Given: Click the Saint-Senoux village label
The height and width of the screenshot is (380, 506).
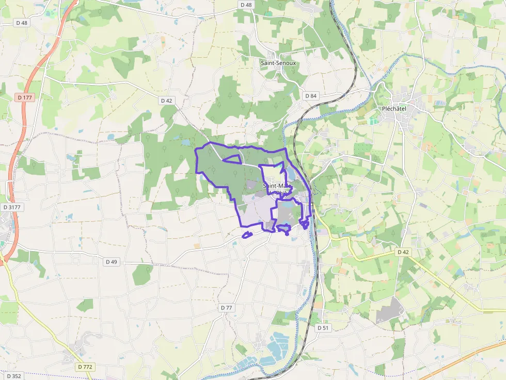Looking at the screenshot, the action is pyautogui.click(x=278, y=62).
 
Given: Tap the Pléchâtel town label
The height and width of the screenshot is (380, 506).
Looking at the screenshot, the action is pyautogui.click(x=398, y=109).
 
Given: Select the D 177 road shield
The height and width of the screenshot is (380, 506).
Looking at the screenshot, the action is pyautogui.click(x=24, y=97).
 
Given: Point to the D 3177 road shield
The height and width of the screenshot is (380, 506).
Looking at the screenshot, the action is pyautogui.click(x=12, y=207).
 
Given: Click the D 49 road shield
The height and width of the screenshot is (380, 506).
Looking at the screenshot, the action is pyautogui.click(x=112, y=262).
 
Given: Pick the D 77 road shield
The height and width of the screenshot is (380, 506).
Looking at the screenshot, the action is pyautogui.click(x=227, y=308).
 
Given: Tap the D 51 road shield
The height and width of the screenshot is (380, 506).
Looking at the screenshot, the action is pyautogui.click(x=323, y=327).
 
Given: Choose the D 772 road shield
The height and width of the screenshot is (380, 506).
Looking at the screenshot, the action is pyautogui.click(x=85, y=367).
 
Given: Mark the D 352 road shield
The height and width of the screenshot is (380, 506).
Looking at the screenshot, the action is pyautogui.click(x=14, y=376).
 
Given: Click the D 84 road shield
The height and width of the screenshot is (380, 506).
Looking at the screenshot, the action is pyautogui.click(x=310, y=96).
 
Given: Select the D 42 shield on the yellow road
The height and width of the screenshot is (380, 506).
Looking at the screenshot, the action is pyautogui.click(x=403, y=252).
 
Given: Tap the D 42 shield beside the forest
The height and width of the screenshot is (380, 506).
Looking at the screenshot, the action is pyautogui.click(x=166, y=101).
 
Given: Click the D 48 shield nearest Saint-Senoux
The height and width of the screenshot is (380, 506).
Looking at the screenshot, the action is pyautogui.click(x=246, y=5).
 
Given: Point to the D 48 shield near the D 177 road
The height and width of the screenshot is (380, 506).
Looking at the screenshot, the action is pyautogui.click(x=22, y=23).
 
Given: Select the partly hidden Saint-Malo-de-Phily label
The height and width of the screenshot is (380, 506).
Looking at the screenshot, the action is pyautogui.click(x=277, y=189).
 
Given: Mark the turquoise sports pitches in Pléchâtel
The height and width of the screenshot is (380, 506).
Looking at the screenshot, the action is pyautogui.click(x=373, y=120).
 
